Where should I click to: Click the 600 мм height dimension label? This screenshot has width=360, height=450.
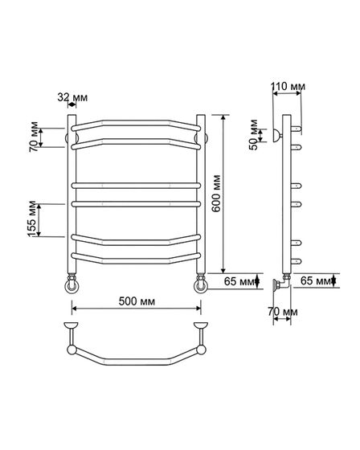(216, 194)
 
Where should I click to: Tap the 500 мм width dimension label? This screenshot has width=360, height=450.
(137, 301)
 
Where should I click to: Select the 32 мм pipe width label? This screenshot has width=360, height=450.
(72, 97)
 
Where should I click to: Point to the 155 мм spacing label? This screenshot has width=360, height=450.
(32, 219)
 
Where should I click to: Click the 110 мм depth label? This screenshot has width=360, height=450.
(288, 86)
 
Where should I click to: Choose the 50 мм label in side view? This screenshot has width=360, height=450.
(254, 135)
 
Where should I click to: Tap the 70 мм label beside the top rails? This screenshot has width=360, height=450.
(34, 137)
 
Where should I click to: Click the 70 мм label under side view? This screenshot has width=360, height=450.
(283, 312)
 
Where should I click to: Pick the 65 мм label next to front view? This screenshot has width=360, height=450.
(239, 281)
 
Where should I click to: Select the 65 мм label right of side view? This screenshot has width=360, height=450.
(316, 280)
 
